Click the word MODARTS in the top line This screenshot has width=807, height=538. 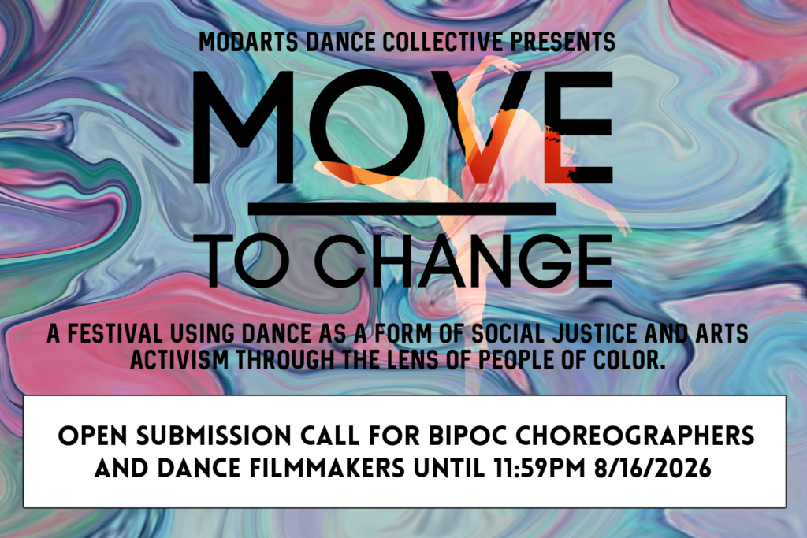coord(248,43)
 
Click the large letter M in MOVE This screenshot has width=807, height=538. coord(244,127)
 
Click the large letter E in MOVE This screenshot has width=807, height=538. coord(580,127)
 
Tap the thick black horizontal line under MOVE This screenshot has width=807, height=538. coord(402,209)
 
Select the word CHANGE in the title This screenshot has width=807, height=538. coord(463,262)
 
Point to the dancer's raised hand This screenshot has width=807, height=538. coord(507,65)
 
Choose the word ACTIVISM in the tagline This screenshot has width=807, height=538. coord(179,359)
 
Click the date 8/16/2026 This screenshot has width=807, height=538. coord(653,469)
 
